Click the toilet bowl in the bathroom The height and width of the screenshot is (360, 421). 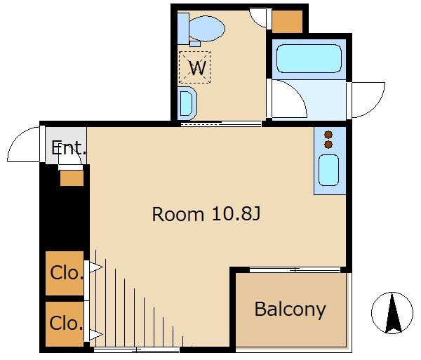[207, 29]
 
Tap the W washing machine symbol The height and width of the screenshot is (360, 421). [194, 67]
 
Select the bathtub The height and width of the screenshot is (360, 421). [309, 58]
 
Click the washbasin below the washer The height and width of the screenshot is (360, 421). [187, 103]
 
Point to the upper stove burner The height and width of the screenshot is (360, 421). [328, 135]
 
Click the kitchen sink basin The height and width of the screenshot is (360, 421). [328, 171]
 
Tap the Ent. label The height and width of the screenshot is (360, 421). [69, 148]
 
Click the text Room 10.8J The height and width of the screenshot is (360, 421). [206, 214]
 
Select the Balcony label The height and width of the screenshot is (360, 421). [290, 309]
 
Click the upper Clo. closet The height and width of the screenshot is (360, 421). [65, 273]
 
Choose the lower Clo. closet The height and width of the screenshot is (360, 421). [65, 324]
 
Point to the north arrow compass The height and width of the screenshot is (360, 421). [392, 313]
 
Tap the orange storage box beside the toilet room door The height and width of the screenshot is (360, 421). [287, 22]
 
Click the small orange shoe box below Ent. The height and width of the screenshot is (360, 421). [72, 178]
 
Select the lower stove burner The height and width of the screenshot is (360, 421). [328, 145]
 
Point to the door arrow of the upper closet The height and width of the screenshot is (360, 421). [96, 267]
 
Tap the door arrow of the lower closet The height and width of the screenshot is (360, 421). [96, 335]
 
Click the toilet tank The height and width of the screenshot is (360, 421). [183, 29]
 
